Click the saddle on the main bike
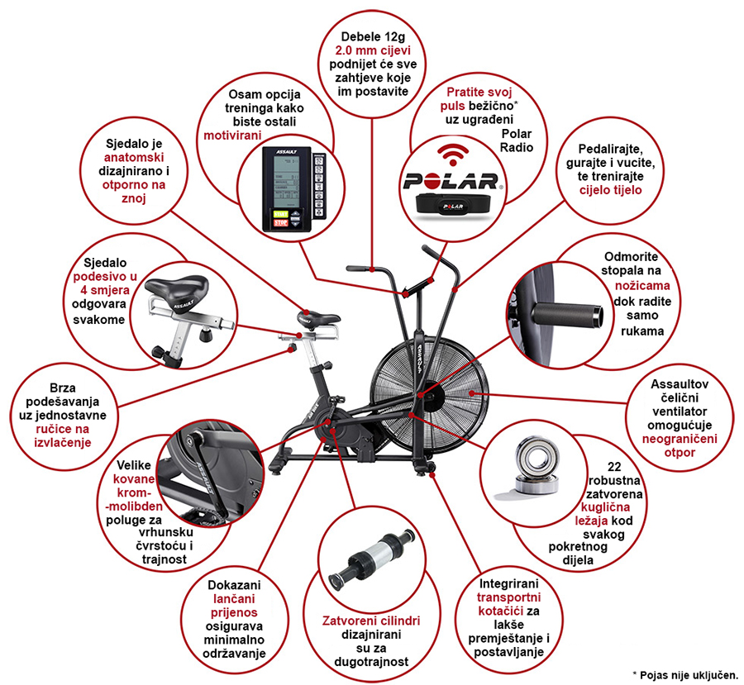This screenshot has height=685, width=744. click(319, 316)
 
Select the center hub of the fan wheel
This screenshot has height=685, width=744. click(422, 394)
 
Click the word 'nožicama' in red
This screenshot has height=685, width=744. click(638, 285)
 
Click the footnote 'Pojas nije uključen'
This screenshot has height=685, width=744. click(688, 673)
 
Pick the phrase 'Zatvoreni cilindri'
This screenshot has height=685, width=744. click(371, 621)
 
